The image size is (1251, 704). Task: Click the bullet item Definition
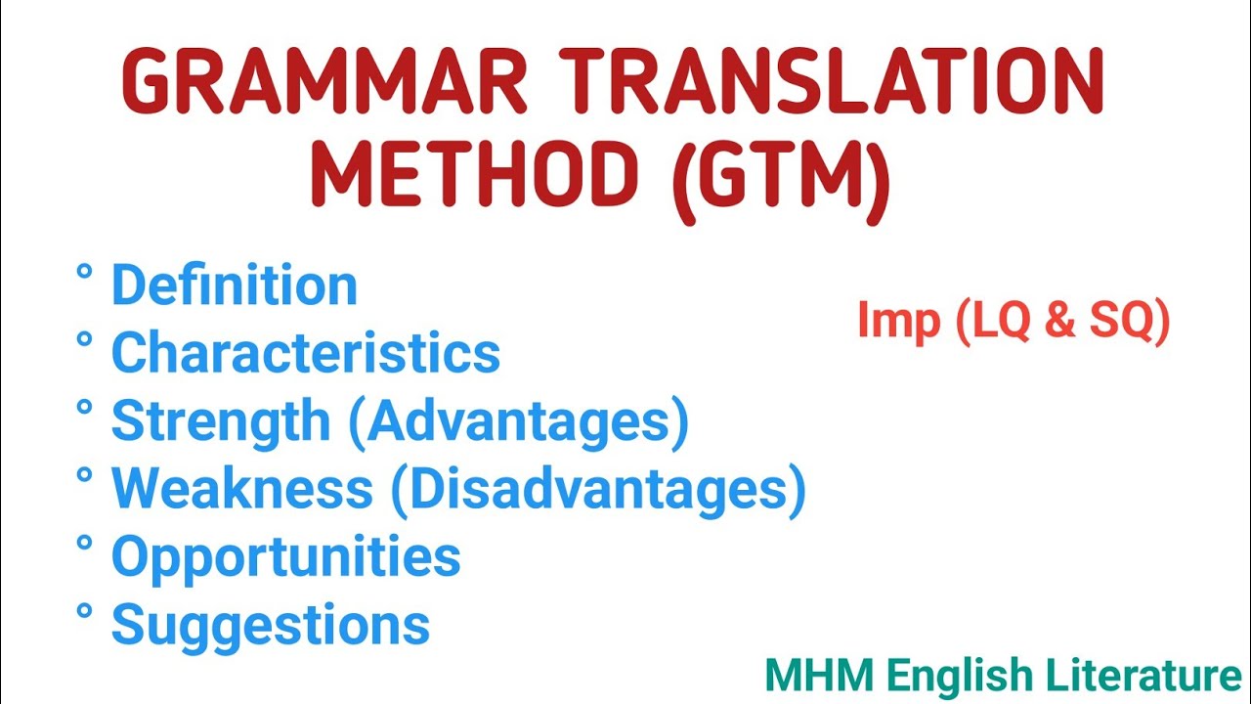click(235, 286)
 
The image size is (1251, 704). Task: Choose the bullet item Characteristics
click(306, 353)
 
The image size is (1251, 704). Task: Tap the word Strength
click(221, 421)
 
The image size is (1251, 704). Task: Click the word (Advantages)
click(517, 421)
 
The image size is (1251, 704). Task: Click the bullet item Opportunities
click(285, 556)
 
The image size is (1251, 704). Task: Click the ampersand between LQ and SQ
click(1059, 322)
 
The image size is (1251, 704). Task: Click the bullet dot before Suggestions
click(84, 610)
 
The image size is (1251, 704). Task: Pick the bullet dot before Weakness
click(84, 474)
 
